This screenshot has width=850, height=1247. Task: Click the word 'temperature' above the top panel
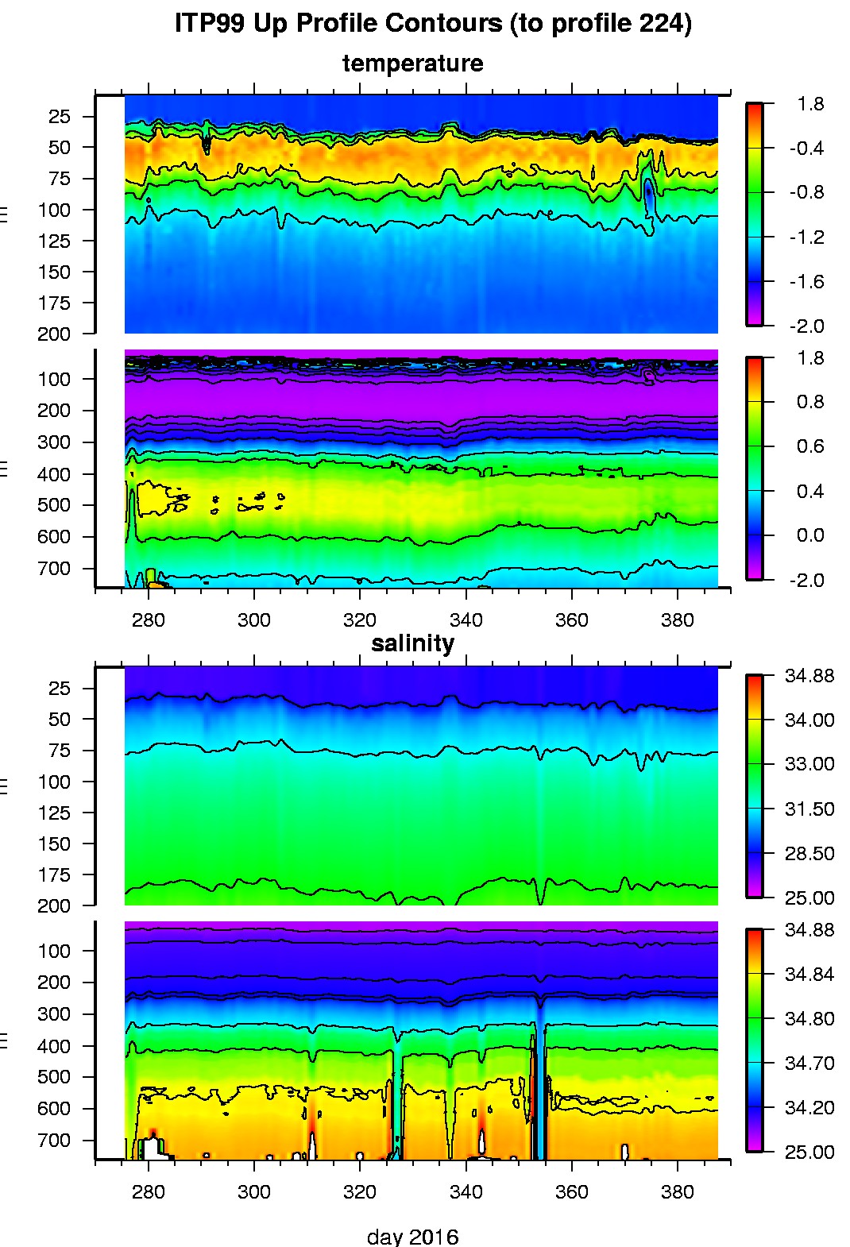click(412, 64)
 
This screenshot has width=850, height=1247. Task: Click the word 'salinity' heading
click(412, 643)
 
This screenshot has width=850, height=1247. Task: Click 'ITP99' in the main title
click(209, 24)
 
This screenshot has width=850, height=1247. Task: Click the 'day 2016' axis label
click(412, 1237)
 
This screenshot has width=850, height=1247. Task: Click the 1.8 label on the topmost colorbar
click(810, 104)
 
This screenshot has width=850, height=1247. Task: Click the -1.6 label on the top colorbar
click(806, 282)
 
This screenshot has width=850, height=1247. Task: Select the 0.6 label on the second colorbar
click(810, 446)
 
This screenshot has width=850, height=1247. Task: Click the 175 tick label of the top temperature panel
click(54, 303)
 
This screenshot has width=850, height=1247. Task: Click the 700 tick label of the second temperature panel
click(54, 569)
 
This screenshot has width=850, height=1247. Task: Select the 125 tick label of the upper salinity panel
click(54, 813)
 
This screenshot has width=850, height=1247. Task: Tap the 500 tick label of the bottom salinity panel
click(54, 1078)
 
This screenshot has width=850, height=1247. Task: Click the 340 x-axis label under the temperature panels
click(466, 620)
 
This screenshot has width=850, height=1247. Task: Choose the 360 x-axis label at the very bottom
click(571, 1192)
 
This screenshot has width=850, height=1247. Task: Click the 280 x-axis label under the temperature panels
click(148, 620)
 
